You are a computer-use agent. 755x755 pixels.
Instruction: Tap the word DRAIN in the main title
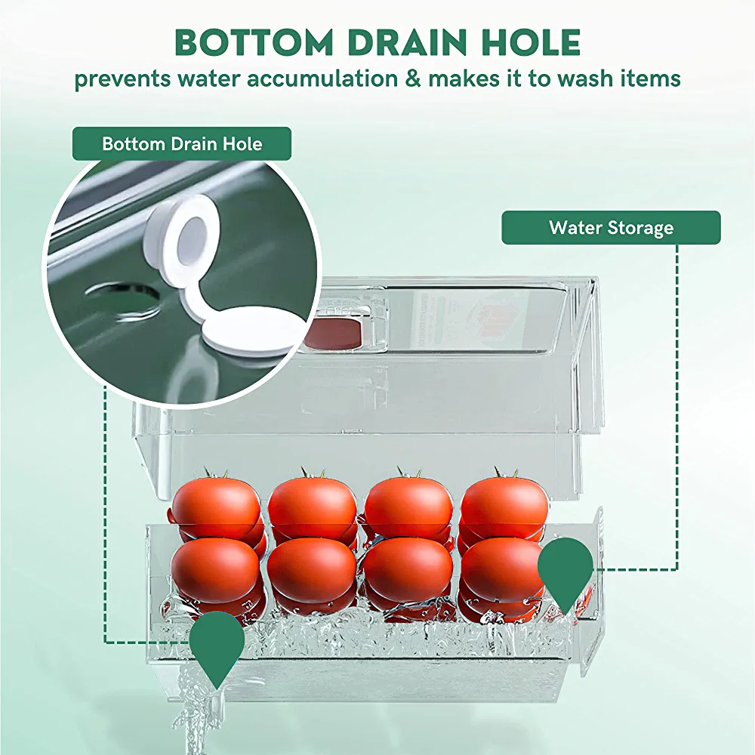tap(406, 42)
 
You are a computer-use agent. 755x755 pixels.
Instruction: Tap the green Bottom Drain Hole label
tap(182, 143)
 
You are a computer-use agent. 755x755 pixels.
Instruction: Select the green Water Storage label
tap(611, 227)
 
